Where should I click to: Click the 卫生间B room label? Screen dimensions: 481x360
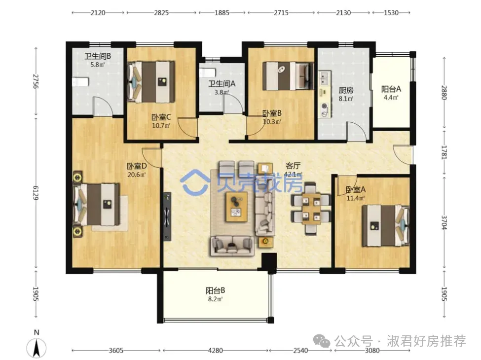click(x=98, y=56)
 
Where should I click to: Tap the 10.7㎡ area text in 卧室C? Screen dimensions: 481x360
click(x=161, y=125)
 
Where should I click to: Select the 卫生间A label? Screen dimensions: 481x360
click(x=222, y=84)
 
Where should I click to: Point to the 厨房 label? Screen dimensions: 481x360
click(x=346, y=90)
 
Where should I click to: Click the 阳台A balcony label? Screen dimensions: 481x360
click(x=391, y=89)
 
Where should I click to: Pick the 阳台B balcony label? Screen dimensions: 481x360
click(x=216, y=290)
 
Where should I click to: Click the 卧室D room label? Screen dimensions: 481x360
click(x=137, y=166)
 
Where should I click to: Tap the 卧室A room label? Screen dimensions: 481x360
click(x=356, y=189)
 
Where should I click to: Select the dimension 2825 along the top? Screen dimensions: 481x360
click(x=161, y=12)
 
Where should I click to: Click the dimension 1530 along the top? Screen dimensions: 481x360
click(x=391, y=12)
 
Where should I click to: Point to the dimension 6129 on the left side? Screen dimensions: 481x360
click(x=36, y=192)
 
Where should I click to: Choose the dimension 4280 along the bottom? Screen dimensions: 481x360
click(x=216, y=350)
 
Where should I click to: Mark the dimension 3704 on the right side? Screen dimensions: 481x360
click(x=444, y=222)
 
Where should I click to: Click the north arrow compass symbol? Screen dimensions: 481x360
click(x=37, y=348)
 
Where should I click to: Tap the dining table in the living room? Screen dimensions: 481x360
click(x=311, y=209)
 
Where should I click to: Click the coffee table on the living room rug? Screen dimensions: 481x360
click(x=236, y=206)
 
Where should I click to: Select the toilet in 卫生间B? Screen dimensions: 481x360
click(x=80, y=82)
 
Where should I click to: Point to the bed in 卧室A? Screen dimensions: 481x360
click(x=386, y=226)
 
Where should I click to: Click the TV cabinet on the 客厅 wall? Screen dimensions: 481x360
click(x=167, y=216)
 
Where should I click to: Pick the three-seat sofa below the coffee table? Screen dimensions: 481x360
click(x=232, y=246)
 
